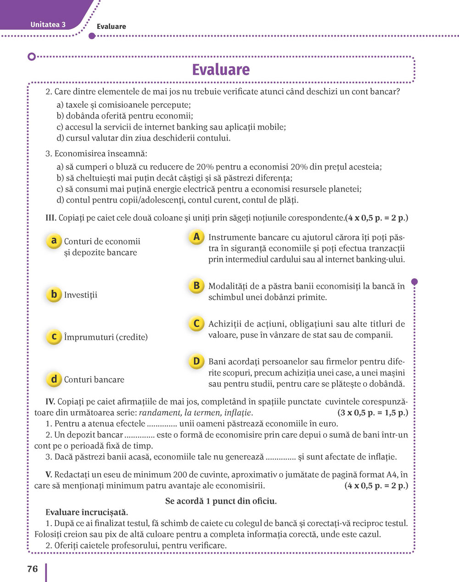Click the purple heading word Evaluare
tap(221, 70)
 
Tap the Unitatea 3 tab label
tap(48, 25)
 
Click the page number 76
tap(33, 569)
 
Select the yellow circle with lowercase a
tap(54, 241)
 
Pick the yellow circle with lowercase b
tap(54, 294)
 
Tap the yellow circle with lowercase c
tap(54, 336)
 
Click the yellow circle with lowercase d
tap(54, 379)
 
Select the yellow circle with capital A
tap(196, 237)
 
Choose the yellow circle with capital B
tap(196, 285)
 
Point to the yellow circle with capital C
tap(196, 323)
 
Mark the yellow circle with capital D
tap(196, 361)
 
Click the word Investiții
tap(81, 295)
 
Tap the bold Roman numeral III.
tap(51, 218)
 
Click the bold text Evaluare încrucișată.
tap(87, 512)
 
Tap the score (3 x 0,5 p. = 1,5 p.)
tap(372, 413)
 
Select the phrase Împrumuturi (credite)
tap(106, 337)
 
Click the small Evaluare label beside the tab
tap(111, 27)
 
